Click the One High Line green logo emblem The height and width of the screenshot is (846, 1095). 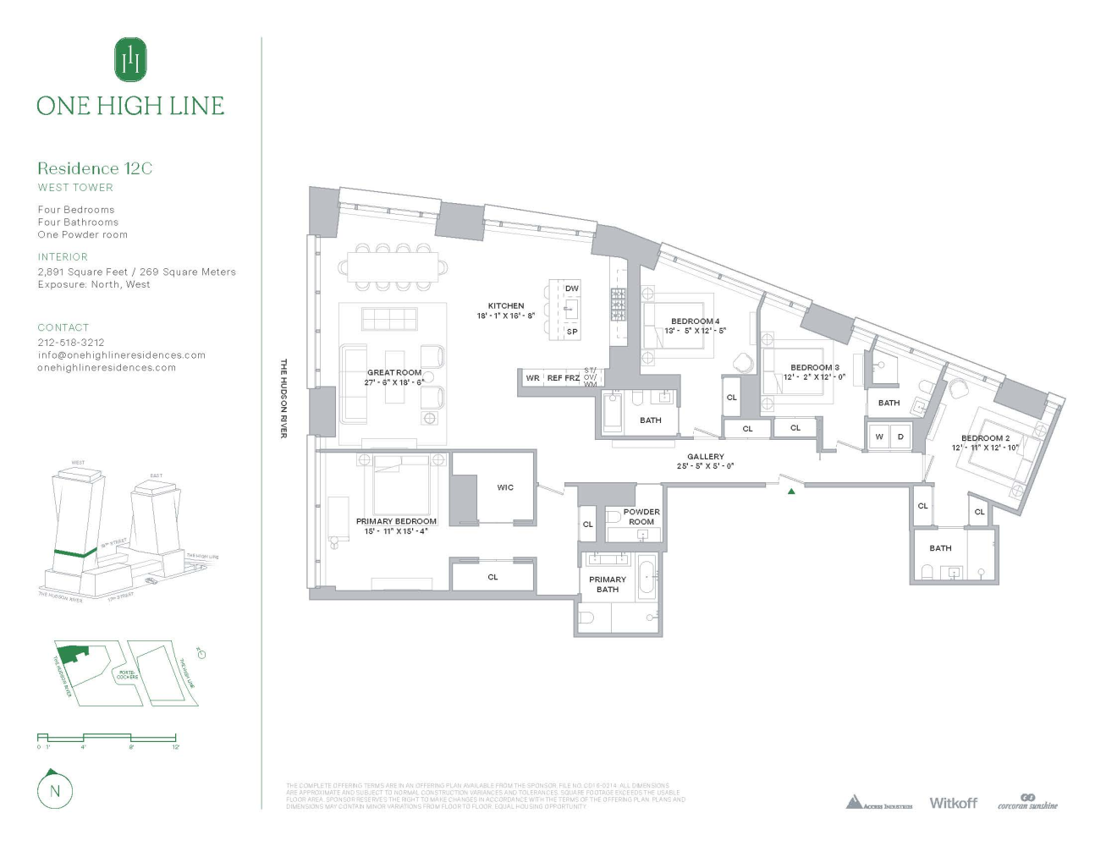tap(130, 59)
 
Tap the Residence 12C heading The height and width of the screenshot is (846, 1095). tap(95, 168)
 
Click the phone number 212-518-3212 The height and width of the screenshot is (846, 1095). tap(71, 343)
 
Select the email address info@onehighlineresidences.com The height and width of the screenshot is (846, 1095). tap(121, 355)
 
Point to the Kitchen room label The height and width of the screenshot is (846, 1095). tap(506, 306)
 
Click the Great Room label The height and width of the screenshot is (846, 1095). tap(394, 372)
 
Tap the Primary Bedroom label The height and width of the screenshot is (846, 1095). tap(396, 521)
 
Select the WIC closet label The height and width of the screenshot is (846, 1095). tap(505, 487)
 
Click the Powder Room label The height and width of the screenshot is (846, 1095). tap(641, 517)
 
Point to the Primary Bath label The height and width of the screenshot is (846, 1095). tap(608, 585)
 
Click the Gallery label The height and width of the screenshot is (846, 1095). tap(706, 457)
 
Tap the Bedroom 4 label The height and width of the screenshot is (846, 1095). tap(695, 321)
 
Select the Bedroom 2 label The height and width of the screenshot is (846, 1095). tap(985, 438)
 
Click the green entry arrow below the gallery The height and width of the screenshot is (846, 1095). tap(791, 491)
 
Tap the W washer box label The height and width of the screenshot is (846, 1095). tap(879, 437)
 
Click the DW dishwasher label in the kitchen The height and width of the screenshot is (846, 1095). tap(572, 288)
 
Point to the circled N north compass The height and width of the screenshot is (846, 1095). tap(55, 791)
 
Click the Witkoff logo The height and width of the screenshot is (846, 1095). tap(953, 803)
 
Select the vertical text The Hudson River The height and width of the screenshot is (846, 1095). tap(283, 398)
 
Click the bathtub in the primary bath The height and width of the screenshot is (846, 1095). tap(647, 579)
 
